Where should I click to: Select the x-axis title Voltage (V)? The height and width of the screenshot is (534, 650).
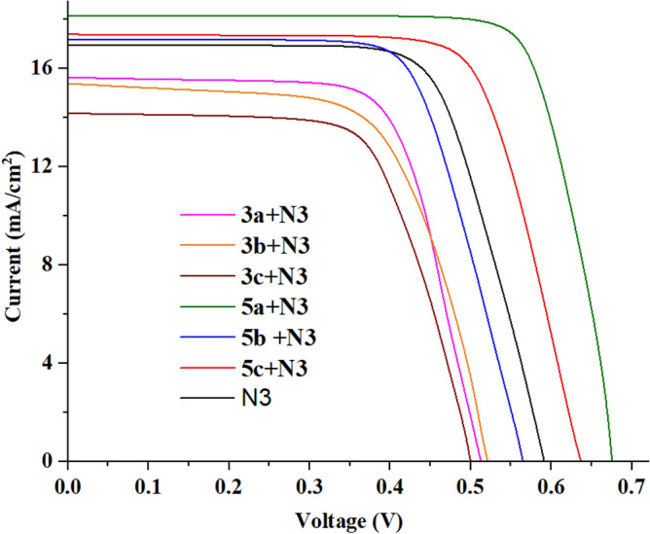tap(356, 518)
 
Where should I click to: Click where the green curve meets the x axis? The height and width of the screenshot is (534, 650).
tap(611, 460)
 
